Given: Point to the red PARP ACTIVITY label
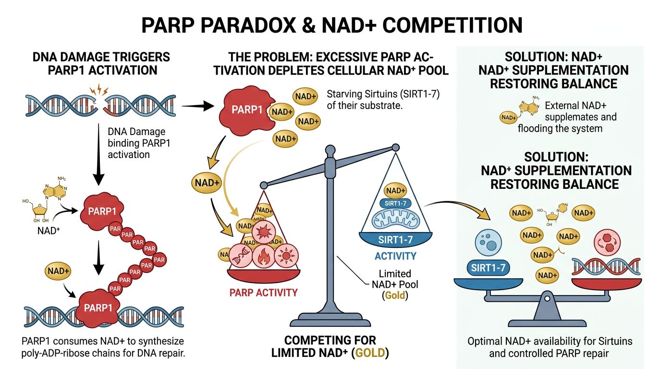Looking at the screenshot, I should click(263, 292).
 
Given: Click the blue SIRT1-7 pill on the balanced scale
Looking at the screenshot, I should click(488, 268).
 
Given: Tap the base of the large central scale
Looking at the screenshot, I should click(330, 319).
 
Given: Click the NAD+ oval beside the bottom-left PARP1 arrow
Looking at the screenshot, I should click(59, 271).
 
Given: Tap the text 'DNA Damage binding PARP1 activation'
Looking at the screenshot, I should click(129, 143).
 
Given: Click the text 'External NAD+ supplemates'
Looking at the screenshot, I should click(580, 111).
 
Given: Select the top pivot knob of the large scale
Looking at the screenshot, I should click(330, 164).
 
